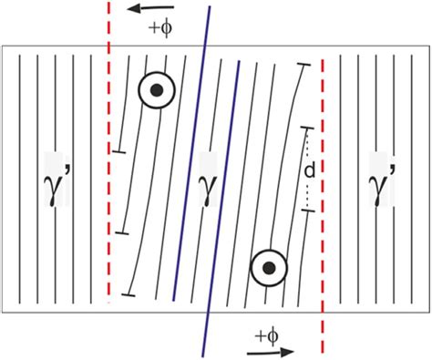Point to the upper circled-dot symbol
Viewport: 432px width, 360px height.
coord(157,89)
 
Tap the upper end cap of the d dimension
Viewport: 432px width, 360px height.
coord(308,129)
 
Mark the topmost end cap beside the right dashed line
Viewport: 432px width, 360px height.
coord(304,65)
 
